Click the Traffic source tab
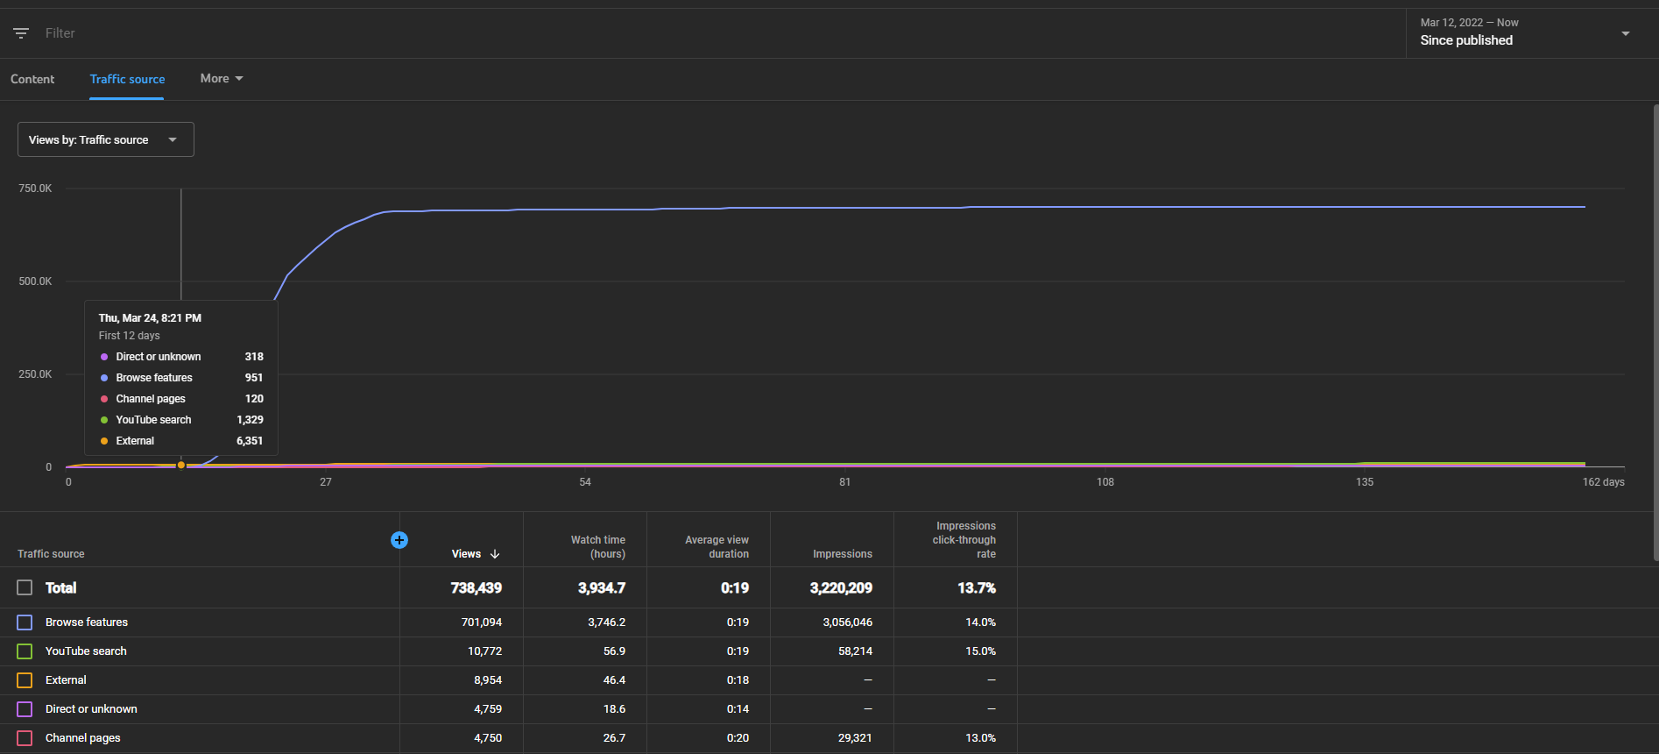127,79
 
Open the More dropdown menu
222,79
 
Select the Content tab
32,79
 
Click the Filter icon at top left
21,33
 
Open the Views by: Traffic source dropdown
106,139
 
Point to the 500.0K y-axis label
35,281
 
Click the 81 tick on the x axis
844,482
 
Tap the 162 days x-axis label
1603,482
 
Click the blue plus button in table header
399,540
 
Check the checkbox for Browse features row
25,622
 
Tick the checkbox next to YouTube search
25,651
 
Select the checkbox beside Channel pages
25,738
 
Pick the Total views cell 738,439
477,588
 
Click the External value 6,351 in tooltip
250,441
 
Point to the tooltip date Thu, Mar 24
128,318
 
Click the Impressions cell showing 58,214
855,651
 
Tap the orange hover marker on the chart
181,465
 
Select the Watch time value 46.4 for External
614,680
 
